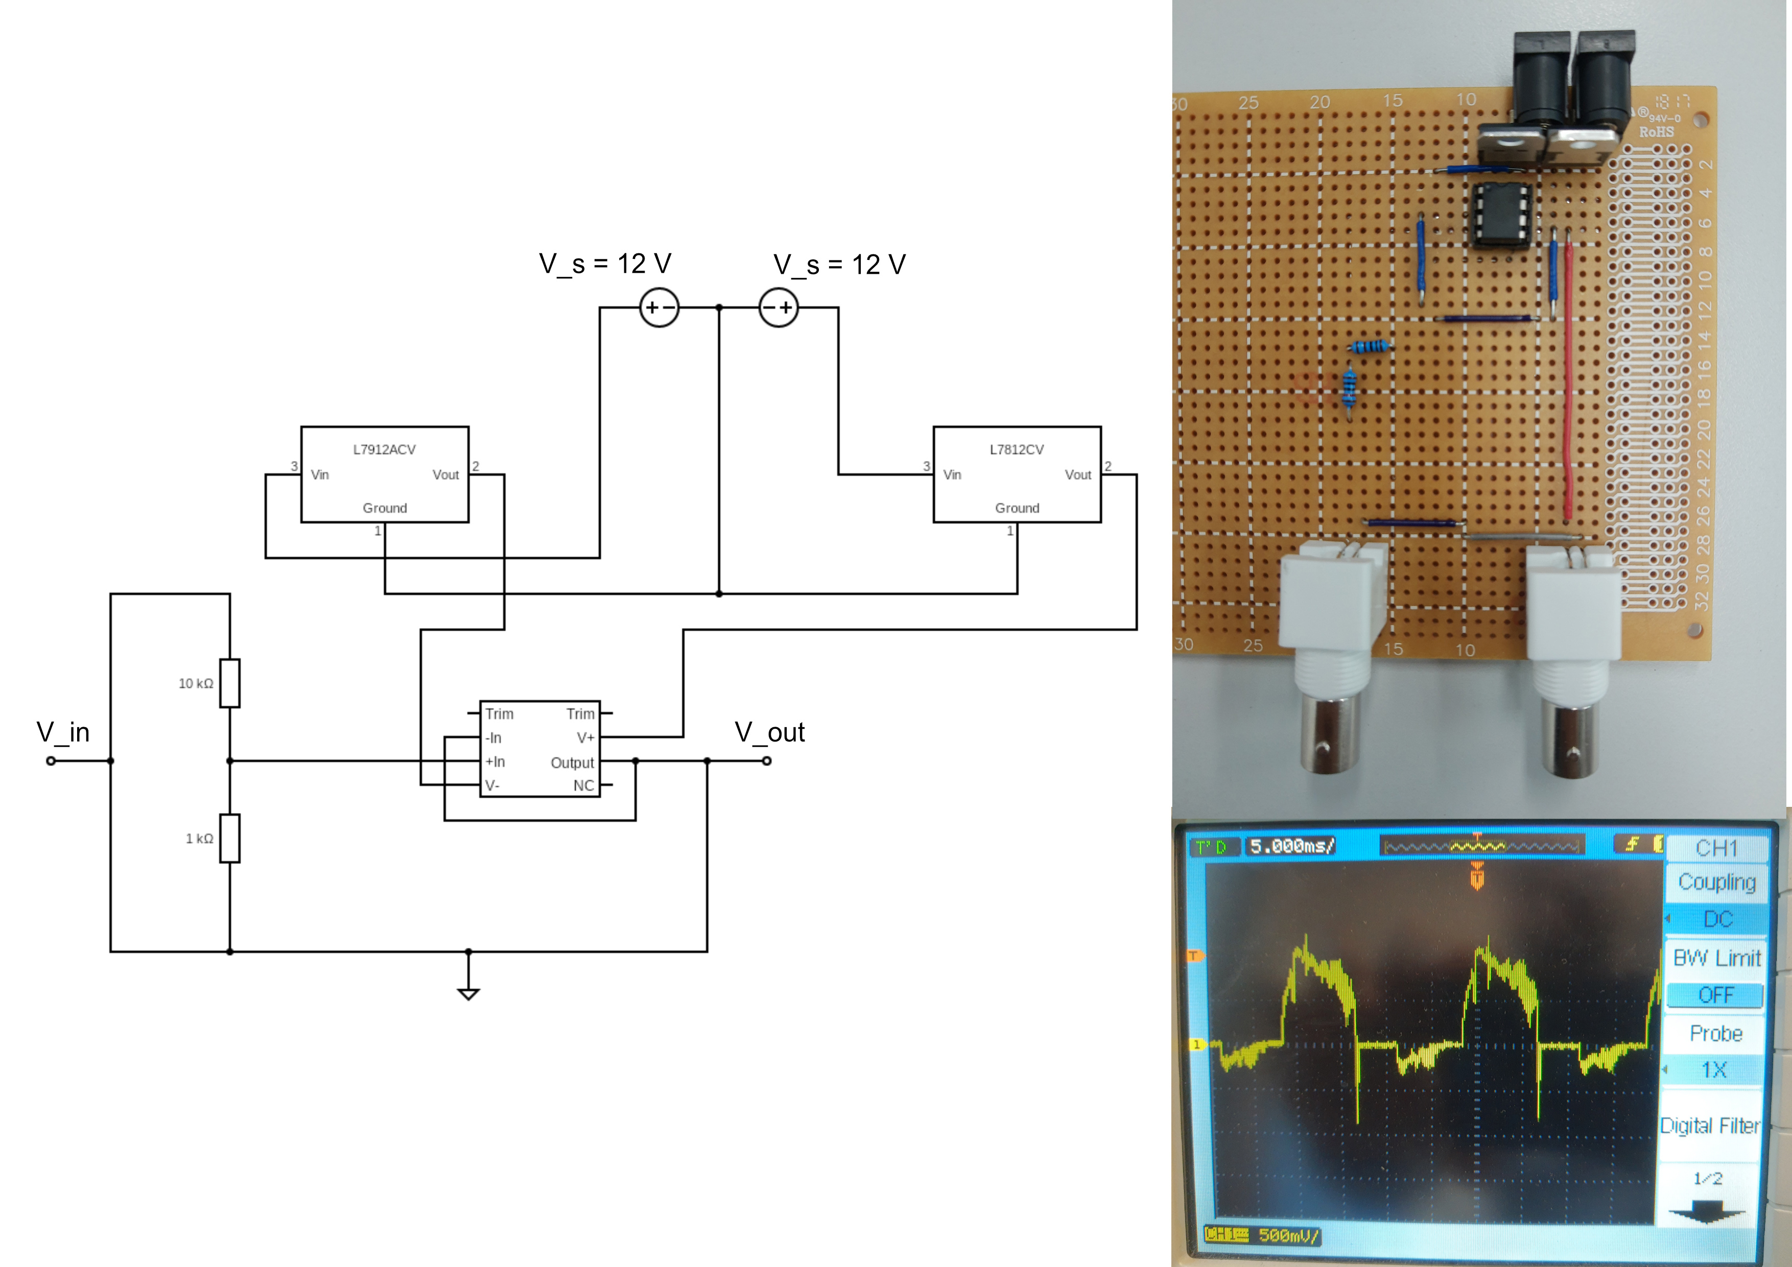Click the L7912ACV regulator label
(x=384, y=449)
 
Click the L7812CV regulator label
(x=1016, y=449)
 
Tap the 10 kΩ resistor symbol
(x=229, y=683)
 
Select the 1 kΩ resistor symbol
(x=229, y=838)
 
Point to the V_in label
(x=63, y=732)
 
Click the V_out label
(x=769, y=732)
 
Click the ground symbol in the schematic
(x=468, y=992)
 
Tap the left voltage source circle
(x=659, y=307)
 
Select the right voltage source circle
(x=778, y=307)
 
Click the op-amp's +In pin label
(x=496, y=761)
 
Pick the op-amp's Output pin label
(x=572, y=762)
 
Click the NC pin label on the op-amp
(x=583, y=785)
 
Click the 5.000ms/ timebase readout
(x=1292, y=846)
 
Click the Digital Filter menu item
(x=1709, y=1125)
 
